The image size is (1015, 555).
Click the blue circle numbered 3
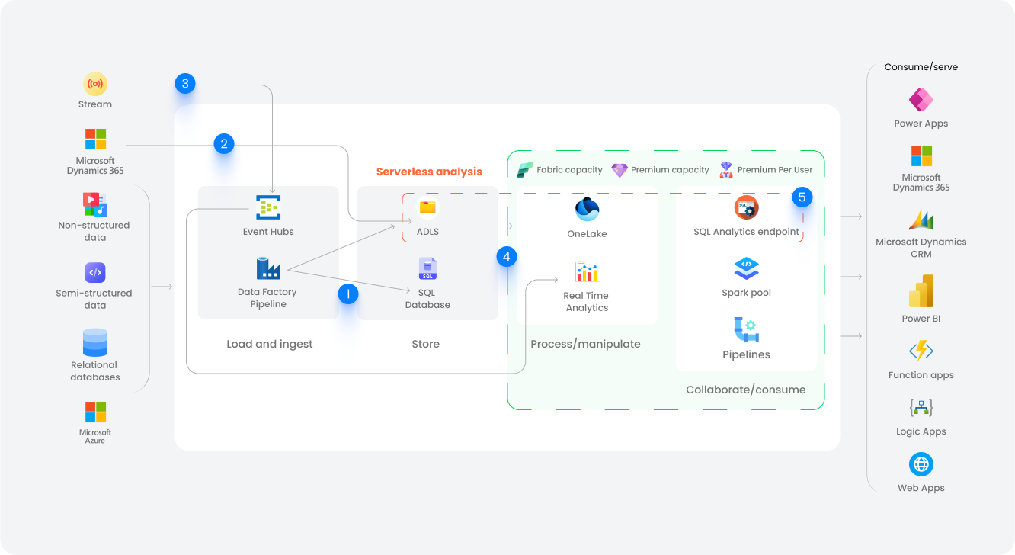coord(184,84)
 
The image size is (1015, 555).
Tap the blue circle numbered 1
coord(347,294)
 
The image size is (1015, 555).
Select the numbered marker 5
coord(802,197)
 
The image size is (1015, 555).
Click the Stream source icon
coord(95,84)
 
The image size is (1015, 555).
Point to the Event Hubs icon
coord(268,207)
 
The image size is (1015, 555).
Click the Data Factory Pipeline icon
coord(268,268)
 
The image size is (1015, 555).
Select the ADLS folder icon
coord(427,207)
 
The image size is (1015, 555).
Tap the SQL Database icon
coord(427,269)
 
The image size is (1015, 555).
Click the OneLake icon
coord(587,209)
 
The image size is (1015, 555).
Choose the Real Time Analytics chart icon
coord(587,271)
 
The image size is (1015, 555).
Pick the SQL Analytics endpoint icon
coord(746,207)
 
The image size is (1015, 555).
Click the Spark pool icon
coord(746,268)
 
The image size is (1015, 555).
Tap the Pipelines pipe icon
coord(746,329)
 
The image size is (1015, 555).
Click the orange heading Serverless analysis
coord(429,172)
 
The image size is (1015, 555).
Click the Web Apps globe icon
coord(921,464)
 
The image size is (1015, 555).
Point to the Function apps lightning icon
coord(921,351)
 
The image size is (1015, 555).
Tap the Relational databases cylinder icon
coord(95,342)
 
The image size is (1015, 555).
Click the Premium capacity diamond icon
coord(620,170)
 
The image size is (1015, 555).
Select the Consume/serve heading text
coord(921,67)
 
